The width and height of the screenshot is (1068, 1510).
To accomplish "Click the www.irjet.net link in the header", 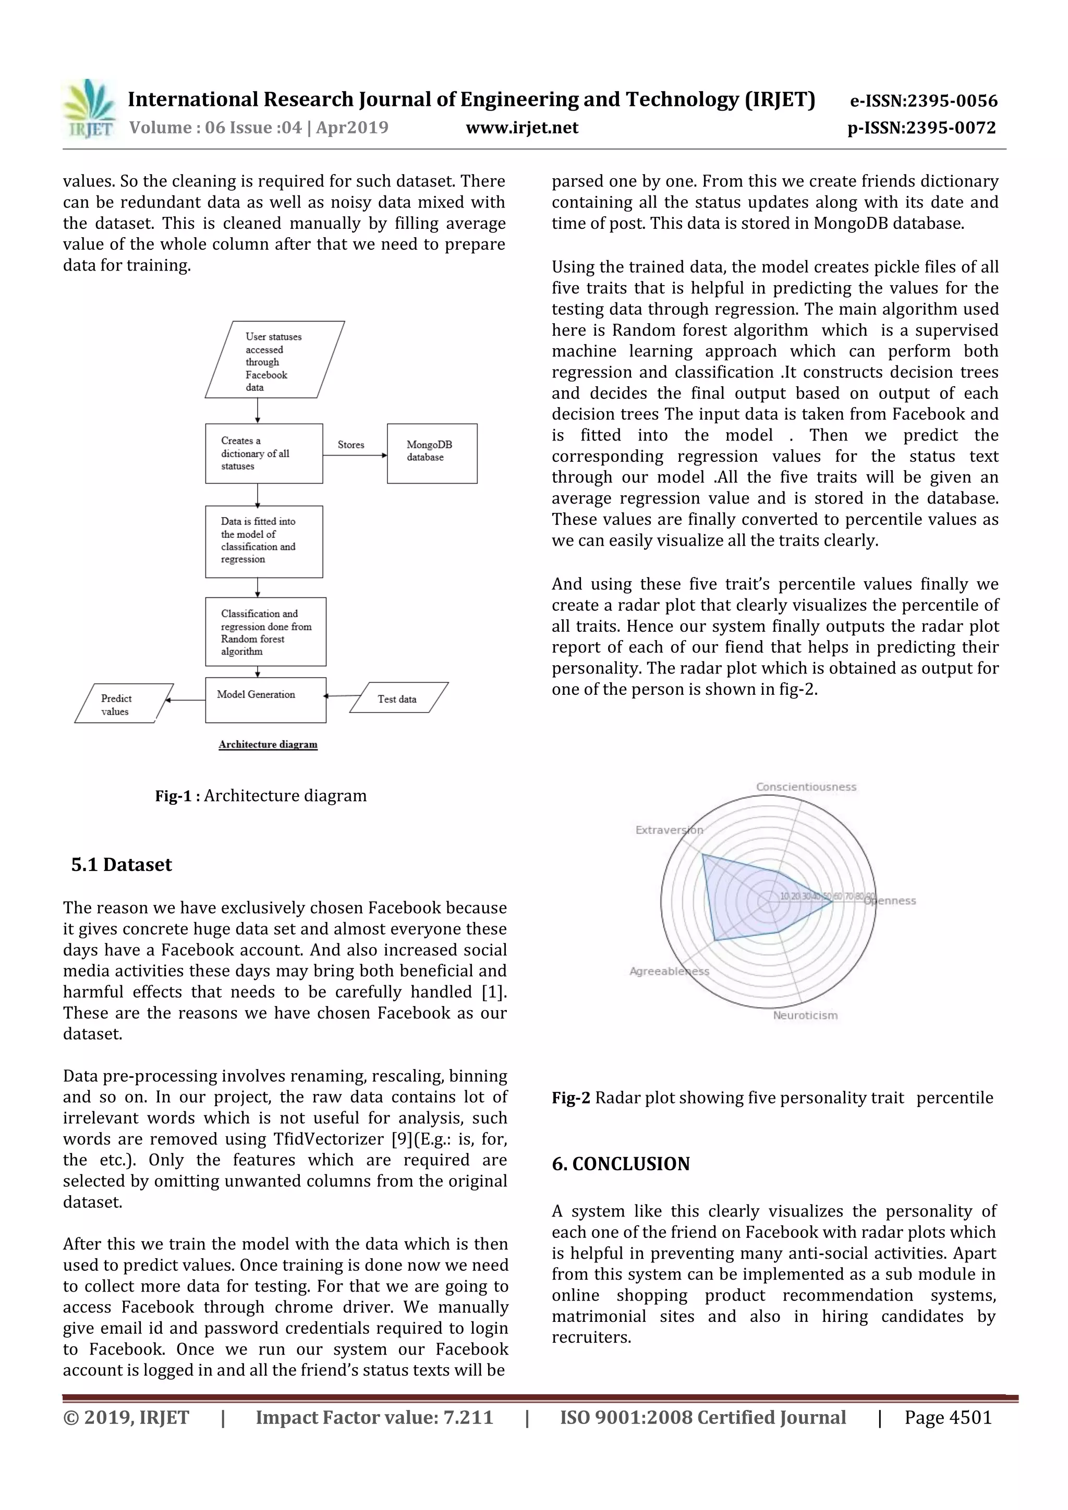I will tap(522, 128).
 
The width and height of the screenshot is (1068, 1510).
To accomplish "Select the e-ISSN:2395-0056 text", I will tap(923, 101).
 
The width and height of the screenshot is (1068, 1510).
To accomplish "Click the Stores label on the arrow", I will tap(351, 445).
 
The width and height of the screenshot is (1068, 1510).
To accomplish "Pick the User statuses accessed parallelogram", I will tap(274, 360).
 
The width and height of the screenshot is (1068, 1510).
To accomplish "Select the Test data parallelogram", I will tap(398, 698).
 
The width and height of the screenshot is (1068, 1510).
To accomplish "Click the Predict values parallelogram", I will tap(123, 704).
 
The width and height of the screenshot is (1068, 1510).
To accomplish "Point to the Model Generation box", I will tap(265, 700).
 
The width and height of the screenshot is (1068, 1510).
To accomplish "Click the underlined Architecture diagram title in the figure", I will tap(268, 744).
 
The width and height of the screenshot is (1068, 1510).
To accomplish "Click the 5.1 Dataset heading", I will tap(121, 865).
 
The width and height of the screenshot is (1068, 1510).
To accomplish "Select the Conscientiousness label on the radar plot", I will tap(806, 787).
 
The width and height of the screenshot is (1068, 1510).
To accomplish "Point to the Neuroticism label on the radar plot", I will tap(805, 1015).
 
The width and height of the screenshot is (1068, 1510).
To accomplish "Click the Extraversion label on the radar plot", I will tap(669, 830).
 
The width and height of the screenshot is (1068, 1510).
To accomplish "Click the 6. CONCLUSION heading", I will tap(621, 1164).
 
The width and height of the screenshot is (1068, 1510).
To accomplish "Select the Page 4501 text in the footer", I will tap(947, 1418).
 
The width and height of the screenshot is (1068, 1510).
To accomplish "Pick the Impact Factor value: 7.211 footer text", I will tap(374, 1418).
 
